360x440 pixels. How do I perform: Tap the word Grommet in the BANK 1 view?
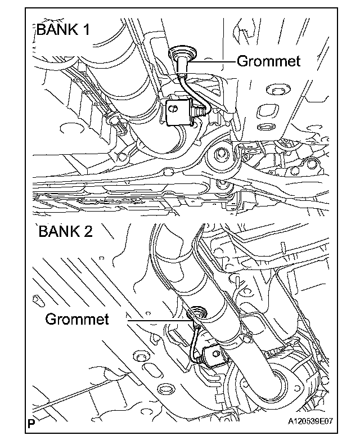pos(268,61)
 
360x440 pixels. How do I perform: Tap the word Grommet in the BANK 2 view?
pos(76,319)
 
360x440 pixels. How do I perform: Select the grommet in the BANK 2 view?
pos(197,311)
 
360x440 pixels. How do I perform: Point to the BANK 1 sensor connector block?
pos(179,111)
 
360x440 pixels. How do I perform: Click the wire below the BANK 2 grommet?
pos(195,340)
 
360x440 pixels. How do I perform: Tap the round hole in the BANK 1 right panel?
pos(274,91)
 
